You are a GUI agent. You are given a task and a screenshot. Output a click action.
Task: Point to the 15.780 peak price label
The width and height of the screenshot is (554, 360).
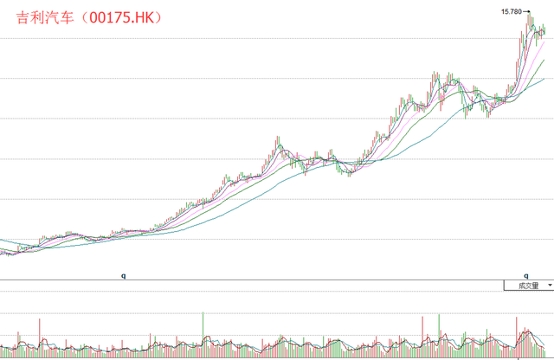(x=512, y=11)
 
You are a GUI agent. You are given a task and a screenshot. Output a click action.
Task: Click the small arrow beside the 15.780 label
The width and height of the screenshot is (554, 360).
(x=526, y=11)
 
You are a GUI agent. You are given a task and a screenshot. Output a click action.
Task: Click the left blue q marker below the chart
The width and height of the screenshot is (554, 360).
(x=124, y=275)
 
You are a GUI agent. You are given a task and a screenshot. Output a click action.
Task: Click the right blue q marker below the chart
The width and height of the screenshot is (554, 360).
(x=526, y=275)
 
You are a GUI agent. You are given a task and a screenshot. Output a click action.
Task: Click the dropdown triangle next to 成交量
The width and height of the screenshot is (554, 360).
(x=549, y=285)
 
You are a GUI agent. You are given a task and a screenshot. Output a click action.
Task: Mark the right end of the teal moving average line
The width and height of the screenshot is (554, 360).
(x=544, y=79)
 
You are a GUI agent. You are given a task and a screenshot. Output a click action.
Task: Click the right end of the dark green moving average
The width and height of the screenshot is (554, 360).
(x=544, y=60)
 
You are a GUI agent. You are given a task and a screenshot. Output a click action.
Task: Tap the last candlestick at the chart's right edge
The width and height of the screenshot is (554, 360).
(x=544, y=31)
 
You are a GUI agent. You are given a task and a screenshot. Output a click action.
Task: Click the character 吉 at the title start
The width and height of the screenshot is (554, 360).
(x=23, y=17)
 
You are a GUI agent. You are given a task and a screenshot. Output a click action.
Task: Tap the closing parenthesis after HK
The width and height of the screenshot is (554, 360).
(x=170, y=17)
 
